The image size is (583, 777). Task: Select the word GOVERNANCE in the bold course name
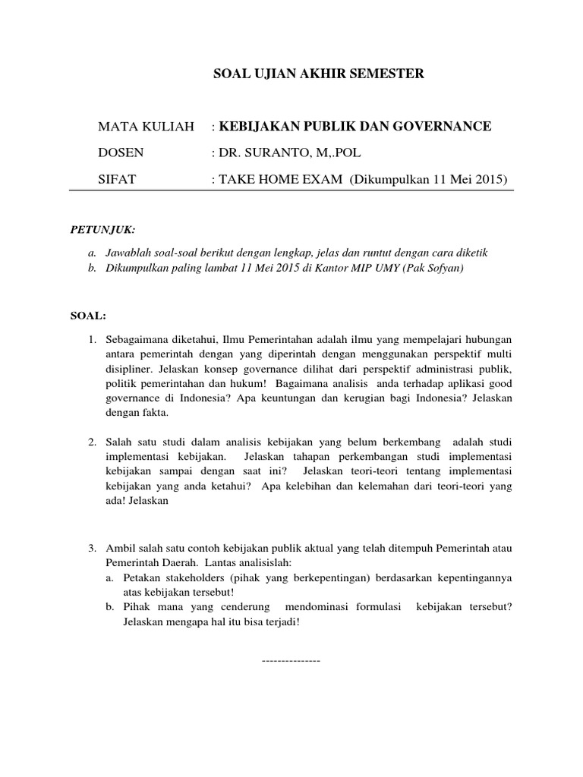443,126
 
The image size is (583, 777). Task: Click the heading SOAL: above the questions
85,315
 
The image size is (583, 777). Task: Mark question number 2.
92,442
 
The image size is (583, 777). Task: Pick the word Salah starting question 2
118,442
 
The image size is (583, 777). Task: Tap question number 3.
92,547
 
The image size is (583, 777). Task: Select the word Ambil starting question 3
120,547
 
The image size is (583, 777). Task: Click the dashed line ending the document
291,660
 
